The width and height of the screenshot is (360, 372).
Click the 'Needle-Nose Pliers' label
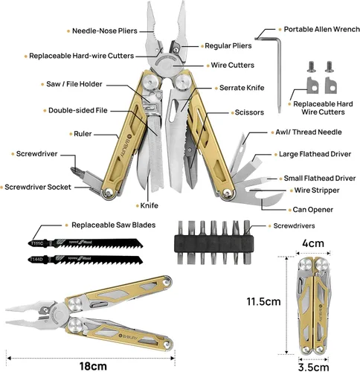coord(105,31)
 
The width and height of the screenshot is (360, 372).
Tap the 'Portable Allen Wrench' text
coord(322,29)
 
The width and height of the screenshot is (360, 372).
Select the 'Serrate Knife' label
coord(242,88)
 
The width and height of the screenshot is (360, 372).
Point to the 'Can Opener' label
coord(313,210)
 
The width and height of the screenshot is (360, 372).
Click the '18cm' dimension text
coord(93,366)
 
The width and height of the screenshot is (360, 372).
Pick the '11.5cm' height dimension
coord(263,301)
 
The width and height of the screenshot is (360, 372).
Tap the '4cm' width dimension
coord(313,243)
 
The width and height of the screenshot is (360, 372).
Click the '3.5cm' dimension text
coord(314,368)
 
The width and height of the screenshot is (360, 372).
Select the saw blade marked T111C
coord(86,243)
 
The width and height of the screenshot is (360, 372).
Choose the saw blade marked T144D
coord(86,260)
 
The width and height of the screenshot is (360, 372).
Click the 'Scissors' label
coord(249,112)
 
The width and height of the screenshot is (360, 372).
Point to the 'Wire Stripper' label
coord(317,190)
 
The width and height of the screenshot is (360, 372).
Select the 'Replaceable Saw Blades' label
coord(114,225)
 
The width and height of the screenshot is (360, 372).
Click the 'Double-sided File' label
coord(78,110)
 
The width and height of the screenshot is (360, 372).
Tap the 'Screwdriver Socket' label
coord(38,187)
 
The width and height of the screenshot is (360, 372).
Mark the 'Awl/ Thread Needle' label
coord(309,132)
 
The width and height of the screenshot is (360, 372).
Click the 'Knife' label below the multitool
coord(149,205)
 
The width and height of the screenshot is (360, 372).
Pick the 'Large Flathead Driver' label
coord(315,154)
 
